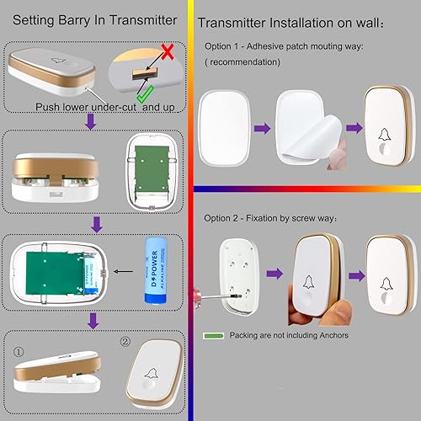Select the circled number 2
pyautogui.click(x=125, y=344)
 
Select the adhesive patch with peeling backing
pyautogui.click(x=305, y=128)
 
